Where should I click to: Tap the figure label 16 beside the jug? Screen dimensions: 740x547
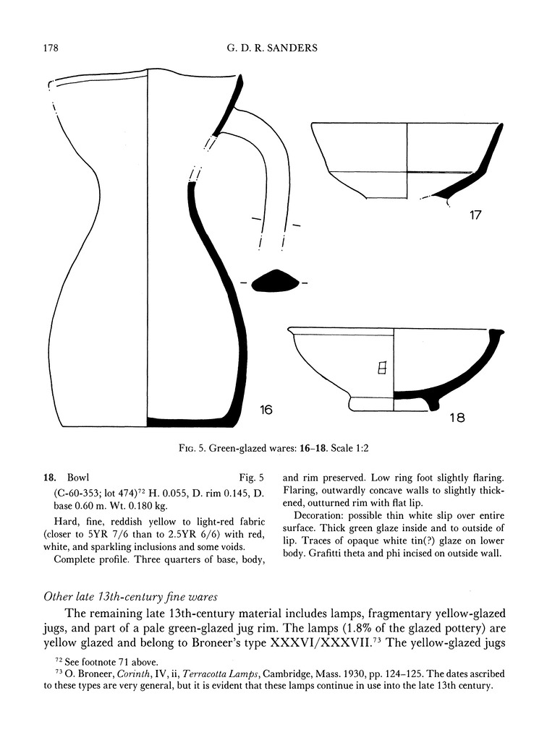266,410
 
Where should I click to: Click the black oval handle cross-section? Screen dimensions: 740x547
274,282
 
